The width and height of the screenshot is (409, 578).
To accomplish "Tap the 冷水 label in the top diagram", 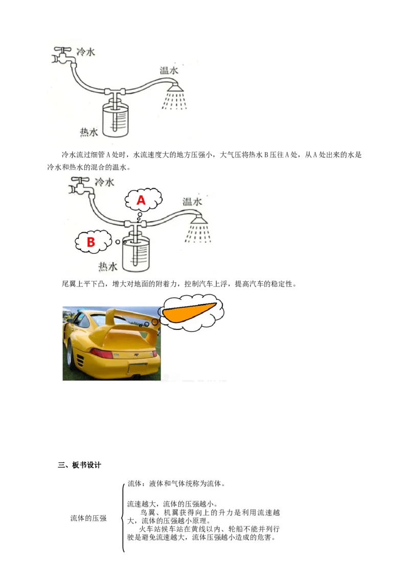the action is pyautogui.click(x=86, y=52).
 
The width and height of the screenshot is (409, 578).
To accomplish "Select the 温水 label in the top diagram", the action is pyautogui.click(x=169, y=70).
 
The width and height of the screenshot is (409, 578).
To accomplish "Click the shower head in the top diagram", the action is pyautogui.click(x=175, y=88).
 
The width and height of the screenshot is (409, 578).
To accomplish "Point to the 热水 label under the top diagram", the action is pyautogui.click(x=89, y=132).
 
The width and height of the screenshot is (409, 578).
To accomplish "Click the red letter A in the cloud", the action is pyautogui.click(x=141, y=200).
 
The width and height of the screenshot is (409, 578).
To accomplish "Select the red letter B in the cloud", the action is pyautogui.click(x=91, y=242).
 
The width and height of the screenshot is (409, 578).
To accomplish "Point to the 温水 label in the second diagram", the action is pyautogui.click(x=192, y=202).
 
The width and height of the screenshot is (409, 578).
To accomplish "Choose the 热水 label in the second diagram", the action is pyautogui.click(x=108, y=267).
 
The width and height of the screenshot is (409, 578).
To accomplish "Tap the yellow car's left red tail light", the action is pyautogui.click(x=102, y=353).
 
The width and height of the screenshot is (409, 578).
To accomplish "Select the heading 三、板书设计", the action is pyautogui.click(x=79, y=465).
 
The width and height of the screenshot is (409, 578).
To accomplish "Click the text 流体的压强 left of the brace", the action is pyautogui.click(x=88, y=518).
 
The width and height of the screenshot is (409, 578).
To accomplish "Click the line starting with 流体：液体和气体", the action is pyautogui.click(x=176, y=483).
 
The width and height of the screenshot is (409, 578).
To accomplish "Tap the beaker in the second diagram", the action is pyautogui.click(x=136, y=253).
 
